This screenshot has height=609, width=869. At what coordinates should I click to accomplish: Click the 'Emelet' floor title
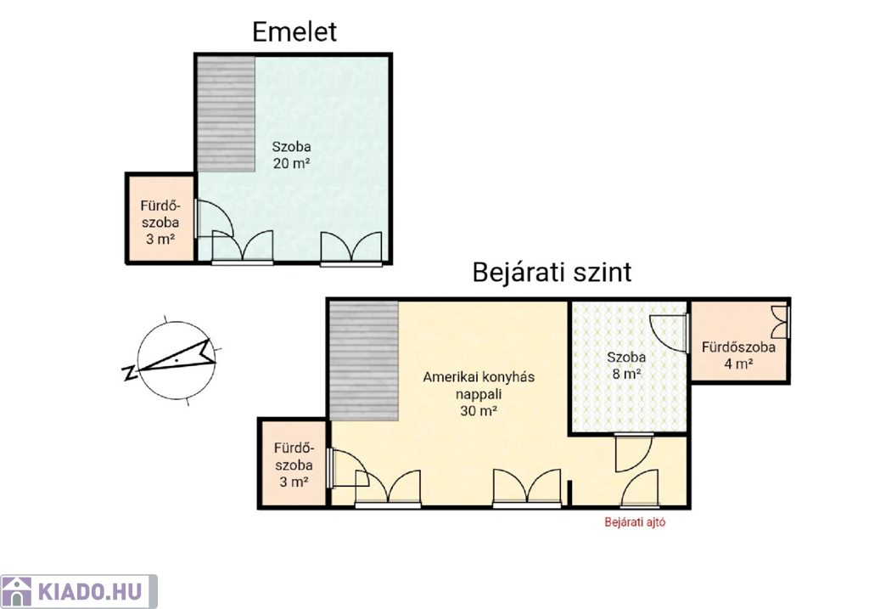coord(294,31)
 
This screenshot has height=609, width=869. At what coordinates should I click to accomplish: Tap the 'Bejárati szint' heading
coord(552,273)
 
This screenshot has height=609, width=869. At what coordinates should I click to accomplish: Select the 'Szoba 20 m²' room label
coord(292,155)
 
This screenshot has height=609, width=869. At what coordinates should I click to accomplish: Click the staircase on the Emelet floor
coord(227,114)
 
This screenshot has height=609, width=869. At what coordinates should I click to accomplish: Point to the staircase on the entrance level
coord(364,361)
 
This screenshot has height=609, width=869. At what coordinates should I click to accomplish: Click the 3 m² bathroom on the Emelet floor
coord(160,218)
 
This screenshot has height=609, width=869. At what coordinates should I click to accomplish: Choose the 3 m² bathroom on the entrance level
coord(293,464)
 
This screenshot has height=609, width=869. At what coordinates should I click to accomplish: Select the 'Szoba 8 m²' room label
coord(626,365)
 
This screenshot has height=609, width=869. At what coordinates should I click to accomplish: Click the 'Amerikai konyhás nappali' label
coord(479,385)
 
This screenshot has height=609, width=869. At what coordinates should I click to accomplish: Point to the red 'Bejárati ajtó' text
coord(635,522)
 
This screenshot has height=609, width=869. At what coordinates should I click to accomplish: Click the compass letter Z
coord(130,373)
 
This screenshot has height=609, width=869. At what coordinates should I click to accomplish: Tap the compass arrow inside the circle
coord(177,358)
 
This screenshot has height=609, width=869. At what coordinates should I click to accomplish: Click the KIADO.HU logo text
coord(90,592)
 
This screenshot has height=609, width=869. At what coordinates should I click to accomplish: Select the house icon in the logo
coord(17,592)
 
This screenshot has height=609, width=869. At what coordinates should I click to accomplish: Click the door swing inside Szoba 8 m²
coord(668,333)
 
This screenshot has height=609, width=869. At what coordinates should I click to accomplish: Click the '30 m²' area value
coord(479,411)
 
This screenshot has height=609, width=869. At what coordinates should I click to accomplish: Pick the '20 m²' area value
coord(292,164)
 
